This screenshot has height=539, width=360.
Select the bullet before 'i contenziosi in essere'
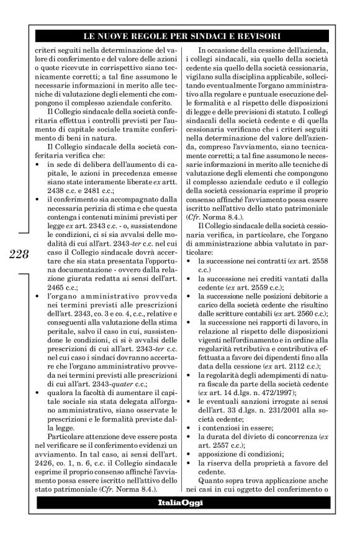193,427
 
